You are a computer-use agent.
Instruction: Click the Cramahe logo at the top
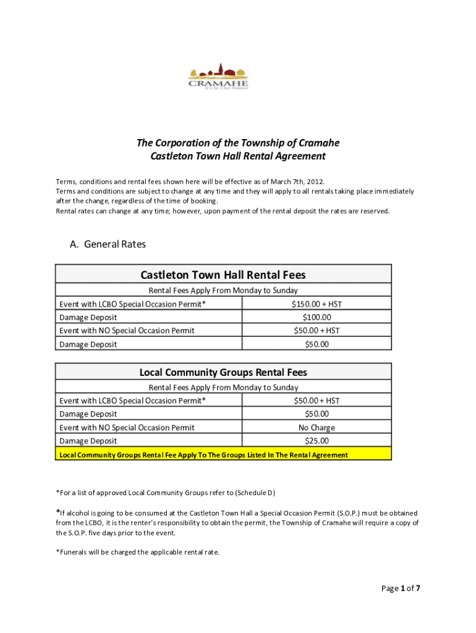click(218, 77)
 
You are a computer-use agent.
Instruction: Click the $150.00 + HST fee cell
click(317, 304)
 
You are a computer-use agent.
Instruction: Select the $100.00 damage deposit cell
click(317, 317)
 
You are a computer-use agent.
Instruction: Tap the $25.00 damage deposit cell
click(317, 441)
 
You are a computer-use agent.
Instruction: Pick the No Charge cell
click(317, 427)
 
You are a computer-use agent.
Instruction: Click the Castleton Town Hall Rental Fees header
click(223, 274)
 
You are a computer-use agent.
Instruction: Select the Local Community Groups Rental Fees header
click(223, 372)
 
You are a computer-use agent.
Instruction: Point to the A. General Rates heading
click(108, 244)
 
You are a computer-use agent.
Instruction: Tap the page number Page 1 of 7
click(400, 588)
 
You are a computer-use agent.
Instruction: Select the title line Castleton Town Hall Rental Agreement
click(238, 156)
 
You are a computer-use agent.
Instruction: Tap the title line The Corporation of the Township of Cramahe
click(238, 143)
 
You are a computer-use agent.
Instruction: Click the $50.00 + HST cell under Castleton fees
click(317, 331)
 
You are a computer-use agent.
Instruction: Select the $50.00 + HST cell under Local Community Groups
click(317, 401)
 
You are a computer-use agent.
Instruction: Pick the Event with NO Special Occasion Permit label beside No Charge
click(127, 427)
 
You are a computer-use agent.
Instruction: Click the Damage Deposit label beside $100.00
click(88, 317)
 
